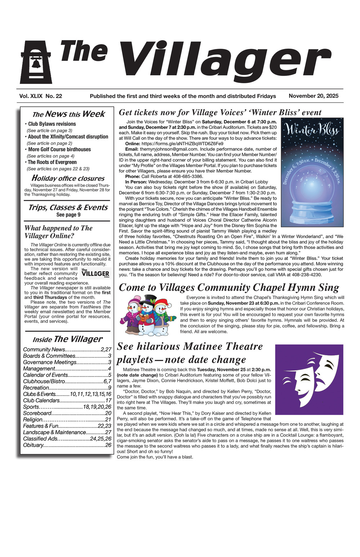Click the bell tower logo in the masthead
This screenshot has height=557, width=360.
click(x=36, y=62)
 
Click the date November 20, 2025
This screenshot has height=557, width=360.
click(x=313, y=96)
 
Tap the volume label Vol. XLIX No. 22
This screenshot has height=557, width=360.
click(x=41, y=96)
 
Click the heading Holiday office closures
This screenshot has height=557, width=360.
click(x=68, y=178)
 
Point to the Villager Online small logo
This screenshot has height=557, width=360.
click(x=95, y=273)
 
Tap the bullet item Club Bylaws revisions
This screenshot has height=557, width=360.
click(x=52, y=124)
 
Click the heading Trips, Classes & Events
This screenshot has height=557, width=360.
click(x=68, y=208)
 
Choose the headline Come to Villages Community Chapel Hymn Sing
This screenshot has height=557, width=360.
click(x=229, y=288)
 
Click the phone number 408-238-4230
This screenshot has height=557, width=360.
click(x=306, y=275)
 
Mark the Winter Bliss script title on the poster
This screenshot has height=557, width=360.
click(x=312, y=130)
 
